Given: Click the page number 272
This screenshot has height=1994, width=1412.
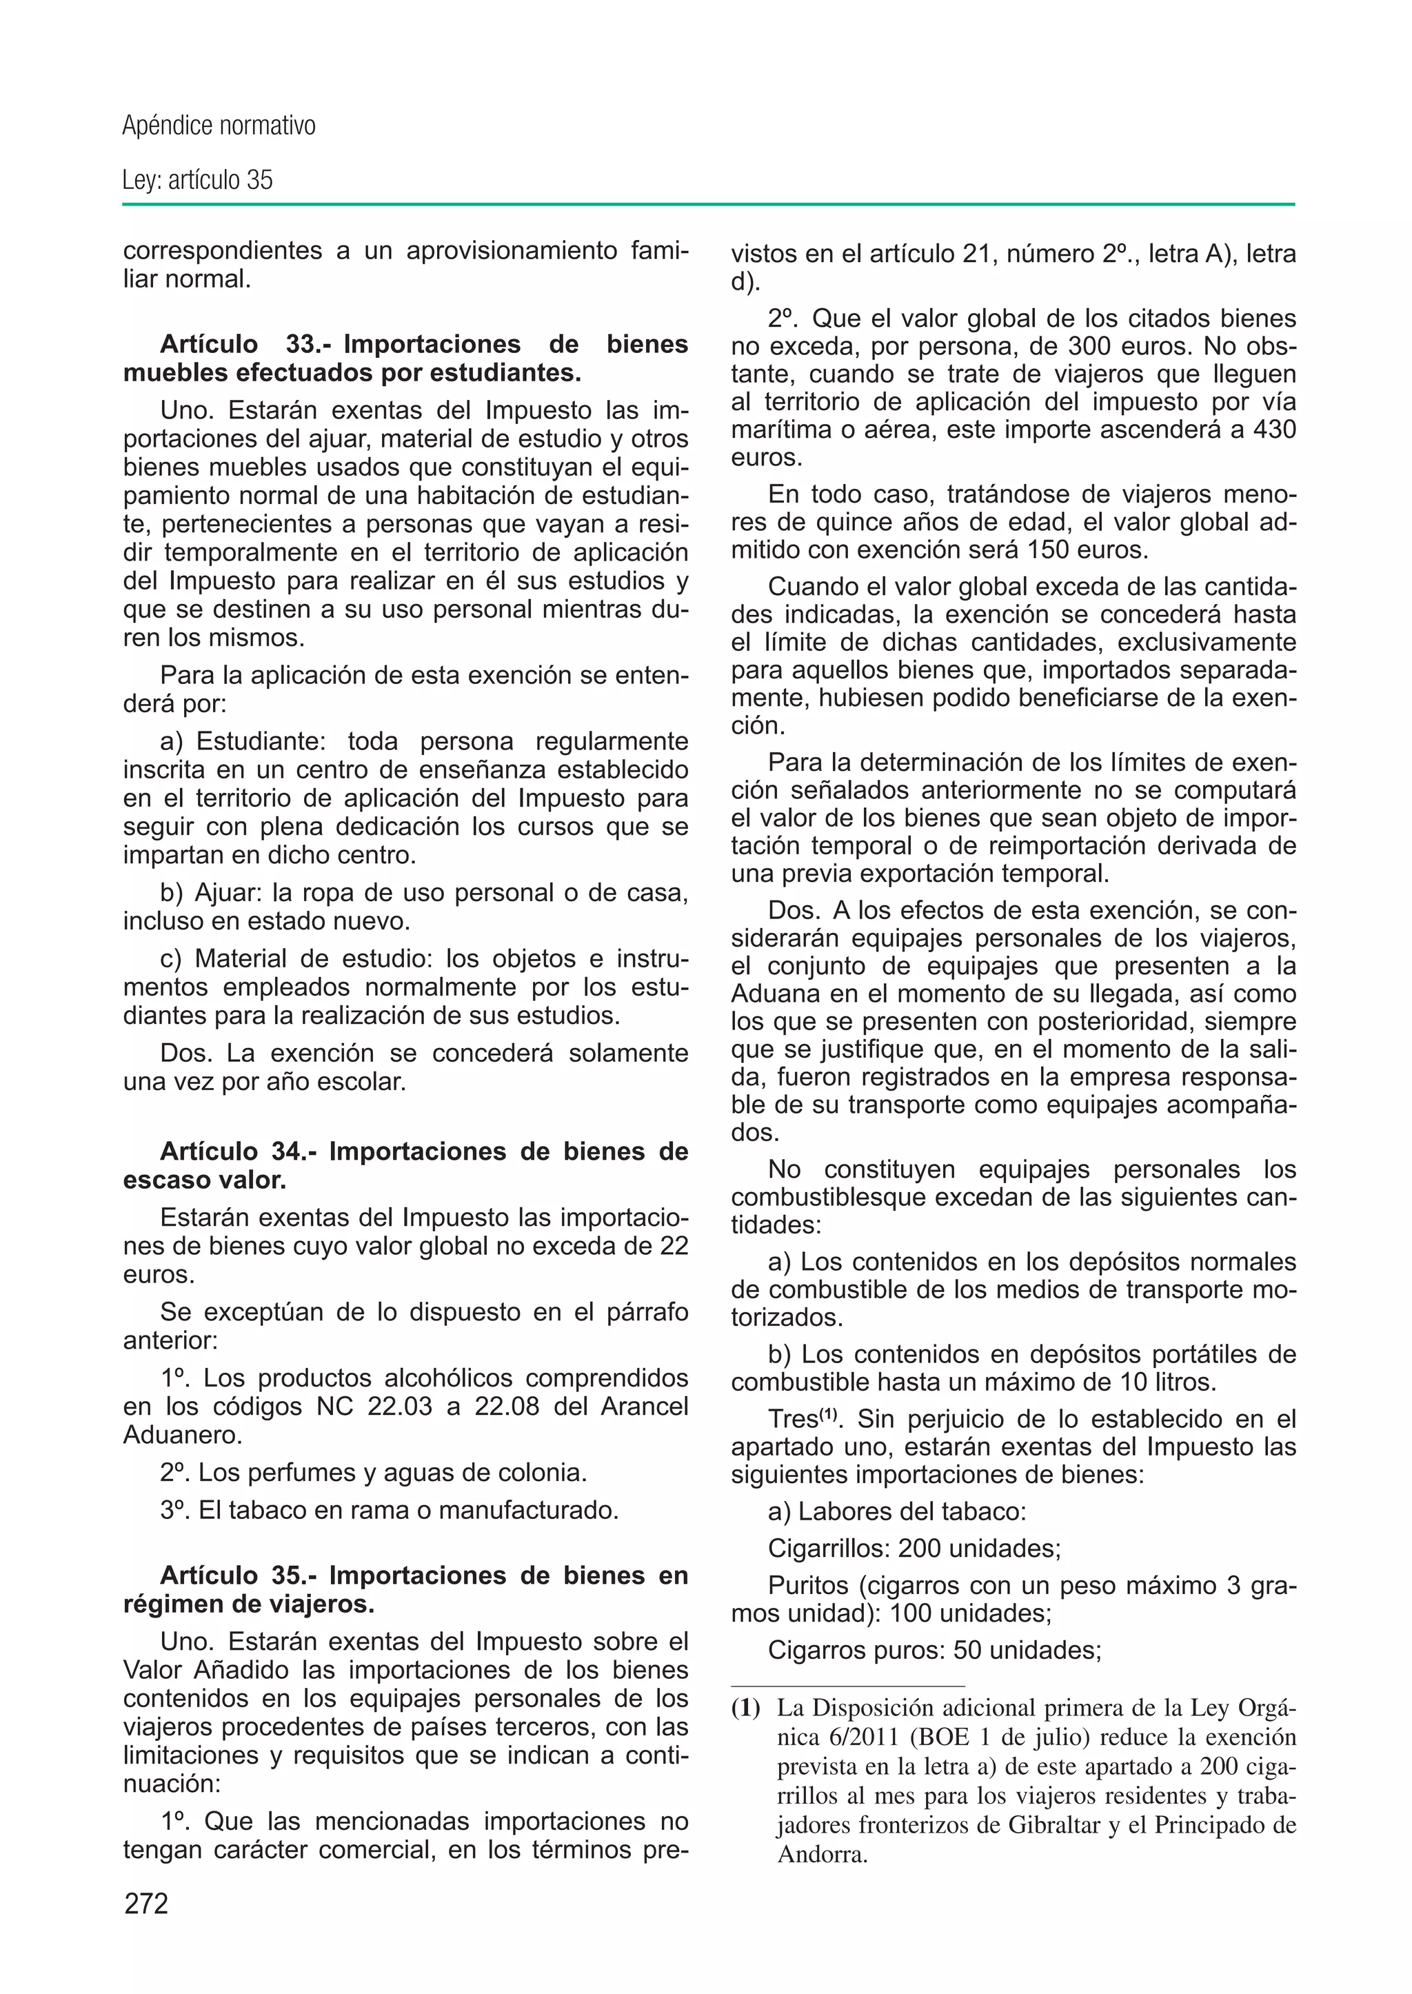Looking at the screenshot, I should coord(146,1904).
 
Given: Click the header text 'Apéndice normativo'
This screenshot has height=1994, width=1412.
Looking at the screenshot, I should coord(219,126).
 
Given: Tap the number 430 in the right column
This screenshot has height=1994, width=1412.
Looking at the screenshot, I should coord(1272,430).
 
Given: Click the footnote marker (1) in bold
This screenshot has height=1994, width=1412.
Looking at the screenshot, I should coord(745,1709).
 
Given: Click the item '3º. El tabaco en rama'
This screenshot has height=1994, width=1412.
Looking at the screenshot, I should coord(389,1509).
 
